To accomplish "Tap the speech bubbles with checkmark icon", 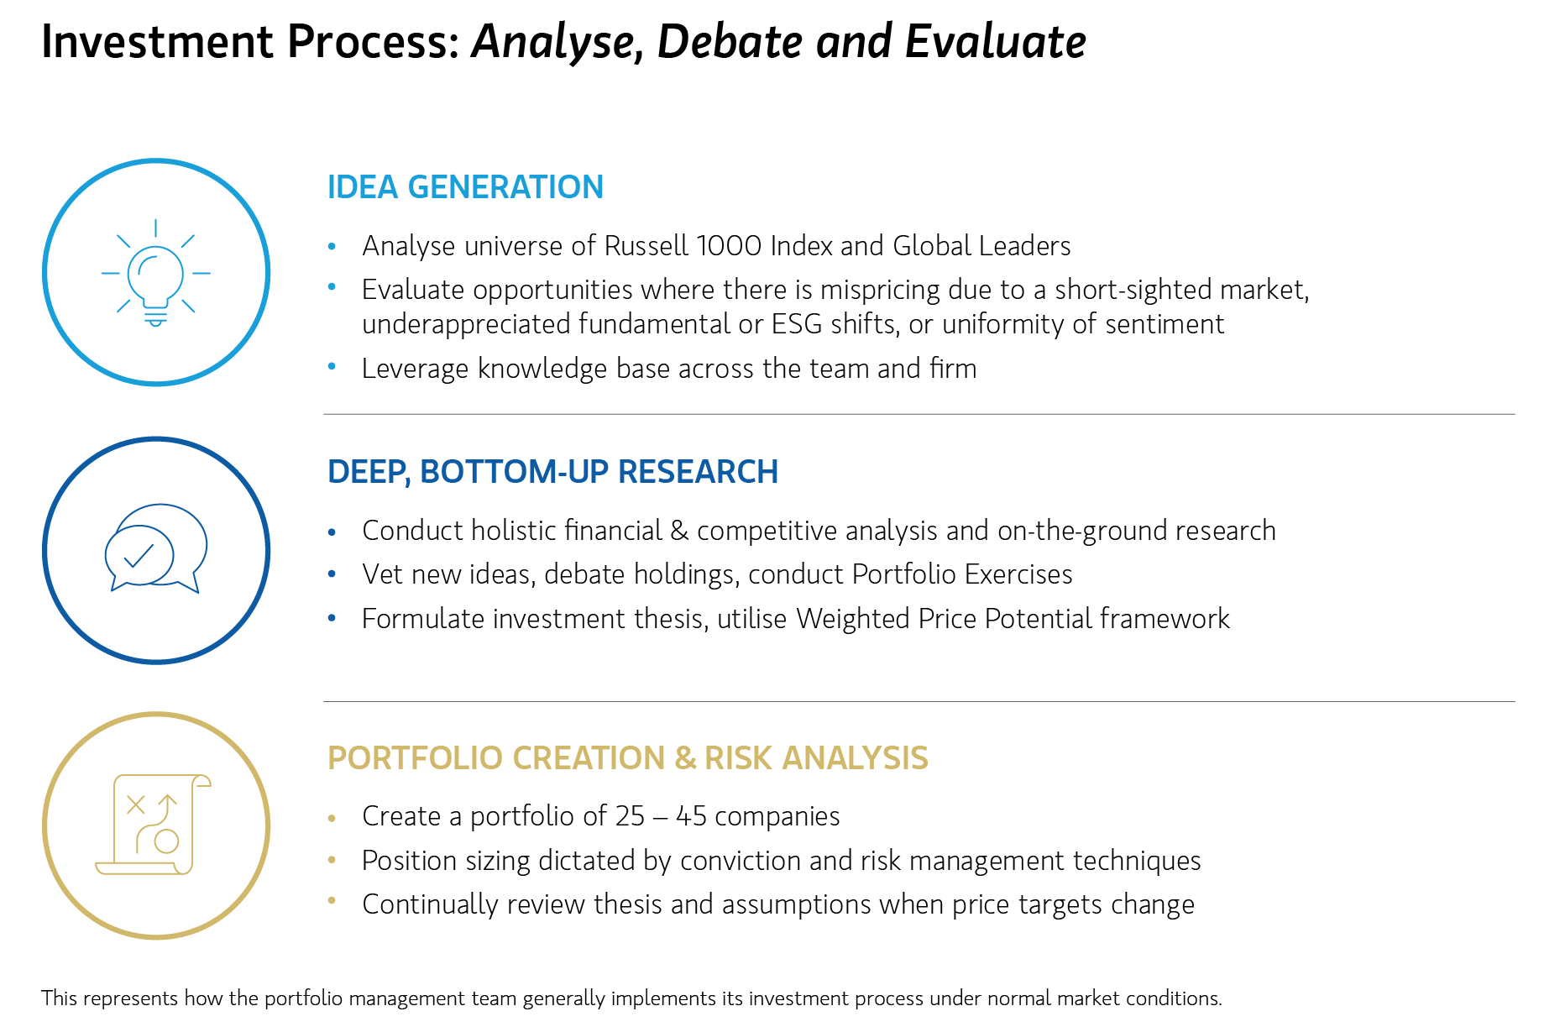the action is [156, 548].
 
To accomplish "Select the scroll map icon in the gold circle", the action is [154, 825].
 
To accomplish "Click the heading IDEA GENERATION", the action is [465, 187].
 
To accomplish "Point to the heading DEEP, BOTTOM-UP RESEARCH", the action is [552, 472].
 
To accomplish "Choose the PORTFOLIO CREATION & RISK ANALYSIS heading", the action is [627, 757].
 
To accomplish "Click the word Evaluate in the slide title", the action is [996, 41].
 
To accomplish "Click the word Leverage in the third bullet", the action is [415, 369].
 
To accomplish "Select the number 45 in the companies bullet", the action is [691, 816].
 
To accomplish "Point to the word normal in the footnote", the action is [1018, 998].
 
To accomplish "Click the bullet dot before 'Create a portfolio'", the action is [332, 817].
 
